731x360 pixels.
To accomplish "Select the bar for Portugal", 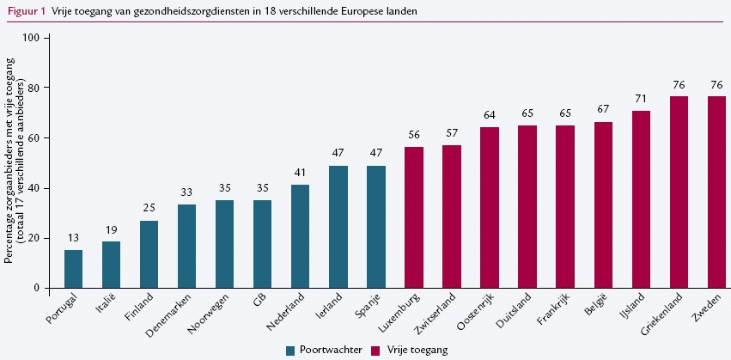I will [x=74, y=269].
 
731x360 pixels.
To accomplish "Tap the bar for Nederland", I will [x=301, y=236].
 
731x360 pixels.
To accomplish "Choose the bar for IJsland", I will [x=641, y=199].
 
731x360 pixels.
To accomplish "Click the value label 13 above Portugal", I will [x=74, y=238].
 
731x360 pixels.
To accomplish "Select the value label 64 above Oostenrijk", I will [x=490, y=115].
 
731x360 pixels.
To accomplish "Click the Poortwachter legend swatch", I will [x=291, y=350].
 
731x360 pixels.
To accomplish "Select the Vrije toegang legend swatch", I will [x=375, y=350].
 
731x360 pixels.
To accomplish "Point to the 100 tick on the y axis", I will [x=34, y=38].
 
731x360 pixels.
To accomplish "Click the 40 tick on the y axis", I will [x=35, y=188].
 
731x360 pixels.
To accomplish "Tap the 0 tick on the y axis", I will [x=38, y=288].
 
